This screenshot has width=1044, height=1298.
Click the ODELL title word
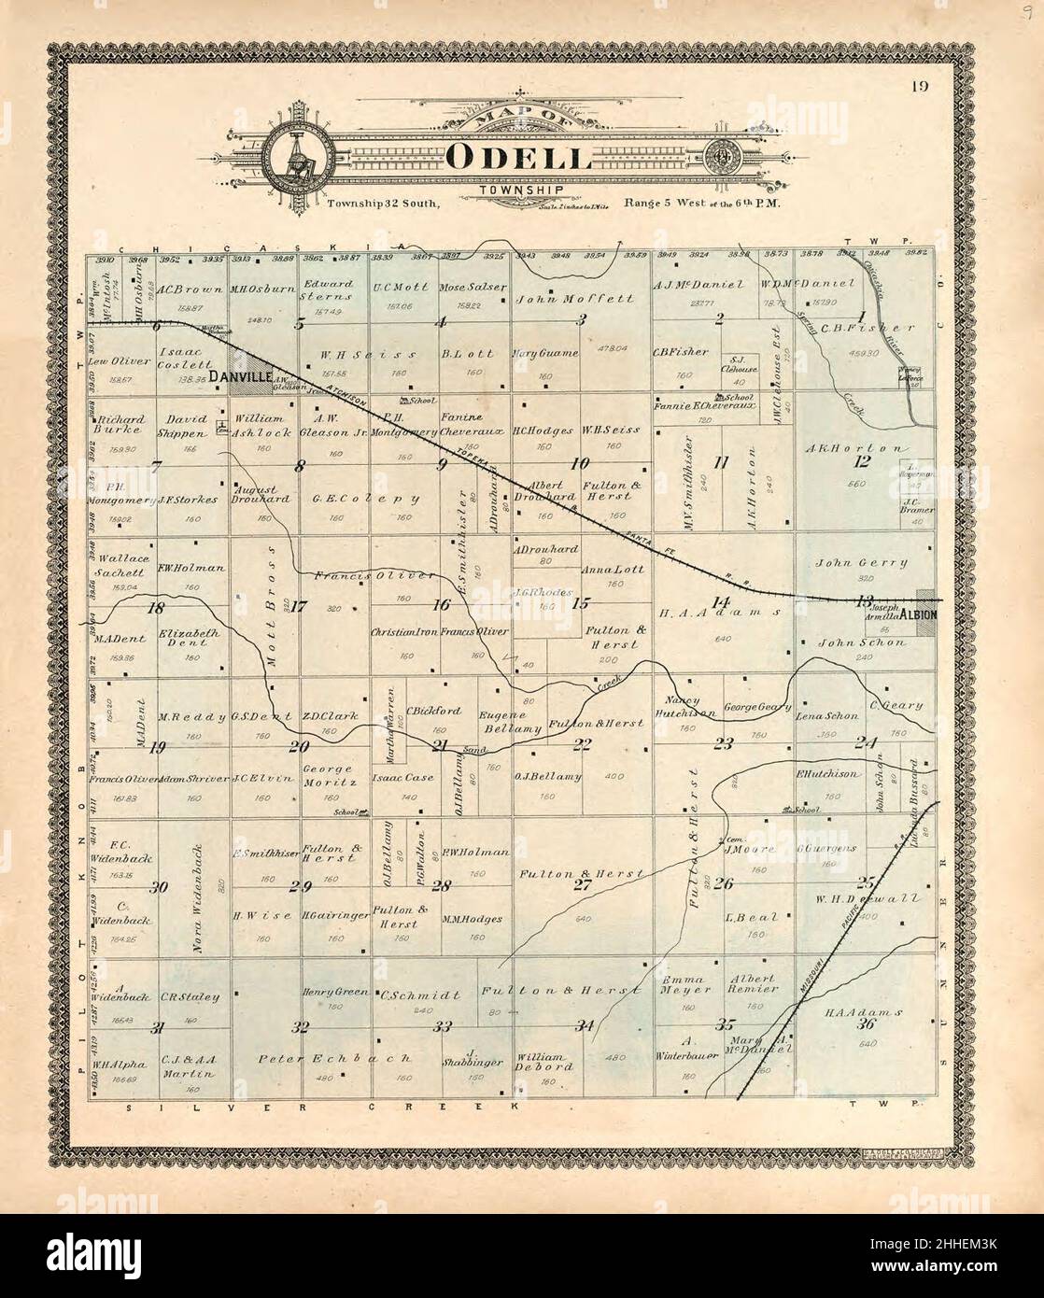pyautogui.click(x=518, y=157)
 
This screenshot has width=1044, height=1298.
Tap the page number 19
pyautogui.click(x=920, y=88)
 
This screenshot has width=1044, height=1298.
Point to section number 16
pyautogui.click(x=441, y=604)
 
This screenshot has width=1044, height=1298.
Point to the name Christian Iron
pyautogui.click(x=403, y=632)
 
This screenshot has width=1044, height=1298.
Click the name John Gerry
pyautogui.click(x=861, y=563)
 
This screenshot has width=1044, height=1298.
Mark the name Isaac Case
pyautogui.click(x=402, y=777)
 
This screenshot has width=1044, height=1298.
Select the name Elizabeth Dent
pyautogui.click(x=189, y=638)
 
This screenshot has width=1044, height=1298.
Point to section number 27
pyautogui.click(x=582, y=885)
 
